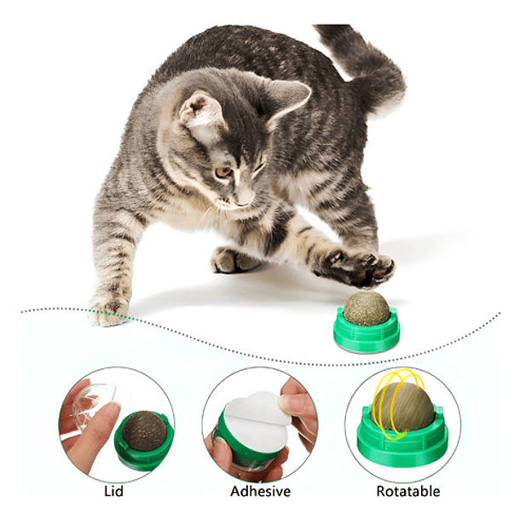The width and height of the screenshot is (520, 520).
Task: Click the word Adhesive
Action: [260, 491]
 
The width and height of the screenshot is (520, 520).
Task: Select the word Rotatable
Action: [407, 491]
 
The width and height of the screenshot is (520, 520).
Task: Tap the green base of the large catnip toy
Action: [367, 335]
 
